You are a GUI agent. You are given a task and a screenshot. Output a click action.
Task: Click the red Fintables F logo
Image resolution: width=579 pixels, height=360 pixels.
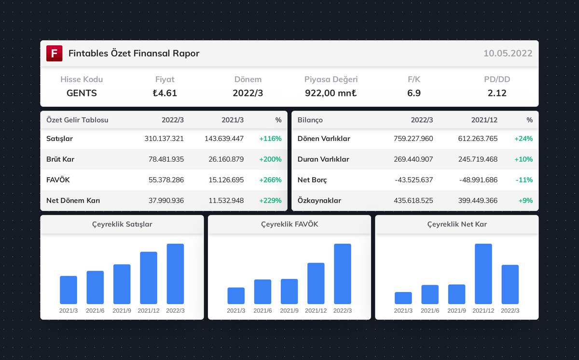pyautogui.click(x=55, y=53)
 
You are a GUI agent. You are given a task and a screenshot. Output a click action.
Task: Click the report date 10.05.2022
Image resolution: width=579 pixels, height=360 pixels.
pyautogui.click(x=508, y=54)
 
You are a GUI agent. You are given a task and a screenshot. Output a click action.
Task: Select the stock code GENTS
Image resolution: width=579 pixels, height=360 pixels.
pyautogui.click(x=82, y=93)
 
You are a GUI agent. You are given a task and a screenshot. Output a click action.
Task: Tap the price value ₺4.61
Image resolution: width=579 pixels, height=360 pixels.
pyautogui.click(x=165, y=93)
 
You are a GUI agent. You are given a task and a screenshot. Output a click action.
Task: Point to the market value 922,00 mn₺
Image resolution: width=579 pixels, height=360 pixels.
pyautogui.click(x=331, y=93)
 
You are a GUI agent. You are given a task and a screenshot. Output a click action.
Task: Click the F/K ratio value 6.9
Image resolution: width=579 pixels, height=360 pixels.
pyautogui.click(x=414, y=93)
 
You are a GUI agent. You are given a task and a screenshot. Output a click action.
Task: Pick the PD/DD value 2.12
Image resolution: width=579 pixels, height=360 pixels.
pyautogui.click(x=497, y=93)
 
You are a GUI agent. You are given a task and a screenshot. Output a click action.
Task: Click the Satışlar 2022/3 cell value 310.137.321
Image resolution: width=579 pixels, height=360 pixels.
pyautogui.click(x=164, y=138)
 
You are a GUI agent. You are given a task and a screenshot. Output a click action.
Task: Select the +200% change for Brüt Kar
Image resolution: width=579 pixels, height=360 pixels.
pyautogui.click(x=270, y=159)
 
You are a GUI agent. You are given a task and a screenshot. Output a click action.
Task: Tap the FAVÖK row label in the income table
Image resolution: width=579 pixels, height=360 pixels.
pyautogui.click(x=58, y=180)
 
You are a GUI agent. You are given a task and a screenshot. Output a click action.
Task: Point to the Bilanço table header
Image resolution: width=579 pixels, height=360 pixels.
pyautogui.click(x=310, y=120)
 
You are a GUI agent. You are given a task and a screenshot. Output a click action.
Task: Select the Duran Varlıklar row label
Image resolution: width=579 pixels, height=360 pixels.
pyautogui.click(x=323, y=159)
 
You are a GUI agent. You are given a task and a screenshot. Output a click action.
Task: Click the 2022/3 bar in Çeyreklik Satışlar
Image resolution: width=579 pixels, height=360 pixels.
pyautogui.click(x=175, y=274)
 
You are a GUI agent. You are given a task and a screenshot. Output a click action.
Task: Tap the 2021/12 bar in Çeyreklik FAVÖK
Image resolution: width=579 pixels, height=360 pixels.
pyautogui.click(x=316, y=283)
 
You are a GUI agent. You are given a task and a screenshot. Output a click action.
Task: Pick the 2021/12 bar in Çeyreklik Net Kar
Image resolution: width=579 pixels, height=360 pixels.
pyautogui.click(x=483, y=274)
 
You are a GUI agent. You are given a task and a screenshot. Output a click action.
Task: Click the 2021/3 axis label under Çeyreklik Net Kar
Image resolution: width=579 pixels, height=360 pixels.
pyautogui.click(x=403, y=311)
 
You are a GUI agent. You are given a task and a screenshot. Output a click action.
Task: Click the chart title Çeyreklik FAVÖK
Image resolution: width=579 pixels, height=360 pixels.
pyautogui.click(x=289, y=224)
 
